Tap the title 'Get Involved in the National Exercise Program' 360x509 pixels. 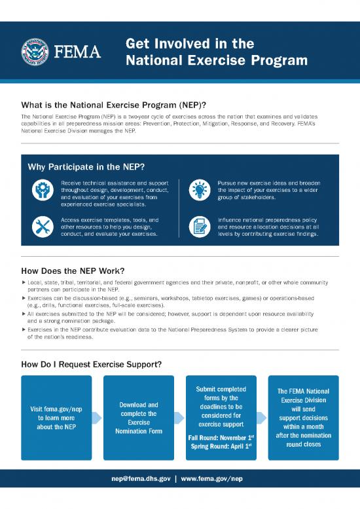[216, 52]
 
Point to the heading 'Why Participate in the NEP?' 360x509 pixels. [86, 166]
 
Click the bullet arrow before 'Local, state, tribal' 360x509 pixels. [24, 282]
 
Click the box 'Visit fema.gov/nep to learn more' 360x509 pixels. [56, 419]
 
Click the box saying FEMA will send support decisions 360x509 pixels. [303, 419]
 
